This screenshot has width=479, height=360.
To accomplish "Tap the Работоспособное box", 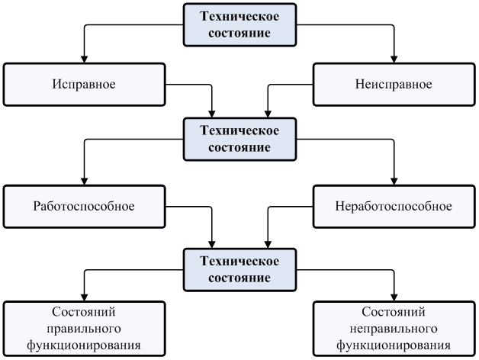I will tap(84, 206).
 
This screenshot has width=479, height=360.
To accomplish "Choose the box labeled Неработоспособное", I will tap(394, 206).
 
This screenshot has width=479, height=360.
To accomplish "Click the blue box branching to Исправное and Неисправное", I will tap(239, 24).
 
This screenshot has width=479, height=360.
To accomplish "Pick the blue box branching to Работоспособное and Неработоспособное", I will tap(239, 138).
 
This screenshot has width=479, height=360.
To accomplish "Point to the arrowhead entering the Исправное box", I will tap(84, 58).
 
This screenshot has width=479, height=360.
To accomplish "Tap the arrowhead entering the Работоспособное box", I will tap(84, 182).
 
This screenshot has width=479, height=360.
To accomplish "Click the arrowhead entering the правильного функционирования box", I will tap(84, 297).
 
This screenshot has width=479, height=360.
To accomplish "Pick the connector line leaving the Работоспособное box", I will tap(191, 206).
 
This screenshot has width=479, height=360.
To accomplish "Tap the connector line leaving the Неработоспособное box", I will tap(290, 206).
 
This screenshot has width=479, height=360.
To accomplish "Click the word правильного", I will tap(85, 329).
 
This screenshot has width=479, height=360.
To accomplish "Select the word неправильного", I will tap(394, 329).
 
